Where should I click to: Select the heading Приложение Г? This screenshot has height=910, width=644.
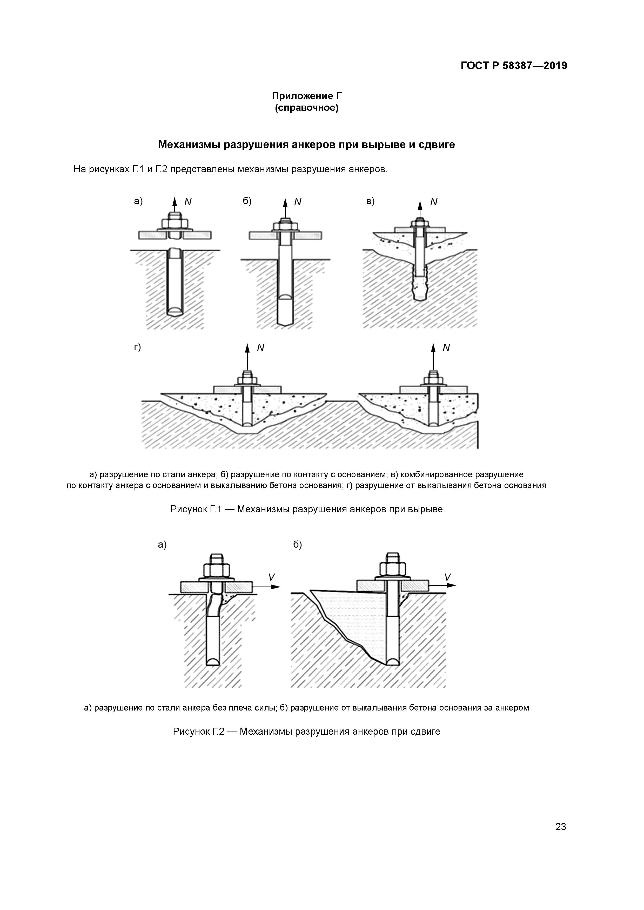[x=306, y=96]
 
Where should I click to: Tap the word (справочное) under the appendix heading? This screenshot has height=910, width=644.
[x=306, y=108]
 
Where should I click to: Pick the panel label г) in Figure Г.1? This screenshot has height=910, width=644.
[x=137, y=347]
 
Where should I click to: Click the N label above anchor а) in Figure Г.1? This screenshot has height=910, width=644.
[x=188, y=202]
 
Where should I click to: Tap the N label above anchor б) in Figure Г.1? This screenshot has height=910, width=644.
[x=298, y=202]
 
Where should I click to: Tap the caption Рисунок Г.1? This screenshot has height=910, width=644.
[x=306, y=509]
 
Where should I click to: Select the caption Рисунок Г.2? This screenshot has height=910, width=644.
[x=306, y=731]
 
